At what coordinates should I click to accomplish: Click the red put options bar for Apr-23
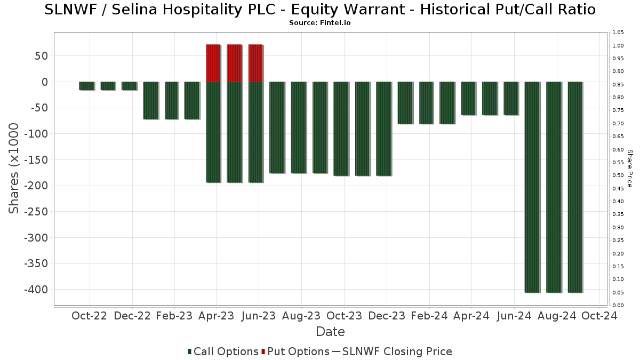213,63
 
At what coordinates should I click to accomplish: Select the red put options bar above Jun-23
255,63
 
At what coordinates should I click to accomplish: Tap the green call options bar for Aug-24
554,187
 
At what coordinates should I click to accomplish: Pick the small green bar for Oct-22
86,86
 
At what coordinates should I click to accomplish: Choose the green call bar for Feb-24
426,102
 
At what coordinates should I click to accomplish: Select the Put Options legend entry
295,351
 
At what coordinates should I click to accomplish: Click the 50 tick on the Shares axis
42,56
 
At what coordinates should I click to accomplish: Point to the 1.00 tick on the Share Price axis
618,46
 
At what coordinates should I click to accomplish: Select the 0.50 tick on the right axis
618,175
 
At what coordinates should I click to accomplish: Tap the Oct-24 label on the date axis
599,316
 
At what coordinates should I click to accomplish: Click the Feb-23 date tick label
174,316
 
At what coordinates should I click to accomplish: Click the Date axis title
330,332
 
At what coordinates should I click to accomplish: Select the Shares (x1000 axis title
14,168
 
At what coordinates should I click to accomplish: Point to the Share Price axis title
629,168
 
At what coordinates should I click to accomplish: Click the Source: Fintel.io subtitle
319,23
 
